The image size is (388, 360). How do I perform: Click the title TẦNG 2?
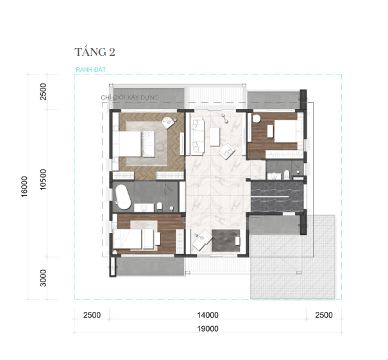point(95,52)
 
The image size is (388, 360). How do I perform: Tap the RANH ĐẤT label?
point(90,69)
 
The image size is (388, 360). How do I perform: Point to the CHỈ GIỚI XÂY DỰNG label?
point(130,98)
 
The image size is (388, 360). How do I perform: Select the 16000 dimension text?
point(24,187)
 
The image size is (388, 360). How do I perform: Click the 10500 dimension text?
point(43,179)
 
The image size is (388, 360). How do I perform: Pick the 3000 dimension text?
point(43,278)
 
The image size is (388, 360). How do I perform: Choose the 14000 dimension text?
point(208,315)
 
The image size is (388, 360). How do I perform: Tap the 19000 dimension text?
point(208,329)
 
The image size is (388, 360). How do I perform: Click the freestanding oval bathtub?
point(123,196)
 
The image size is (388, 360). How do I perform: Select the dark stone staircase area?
point(277,196)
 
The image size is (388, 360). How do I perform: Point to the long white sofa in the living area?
point(198,137)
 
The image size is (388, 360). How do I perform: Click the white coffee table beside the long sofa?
point(215,137)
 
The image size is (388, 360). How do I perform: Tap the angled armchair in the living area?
point(226,151)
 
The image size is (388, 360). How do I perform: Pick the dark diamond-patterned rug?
point(226,241)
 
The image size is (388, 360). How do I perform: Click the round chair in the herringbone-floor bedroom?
point(169,123)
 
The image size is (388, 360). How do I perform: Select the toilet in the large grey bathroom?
point(159,207)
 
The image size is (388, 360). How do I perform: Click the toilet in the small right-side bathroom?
point(287,174)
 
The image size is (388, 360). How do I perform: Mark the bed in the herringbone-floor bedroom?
point(133,144)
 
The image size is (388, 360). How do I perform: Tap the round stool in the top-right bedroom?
point(257,119)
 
